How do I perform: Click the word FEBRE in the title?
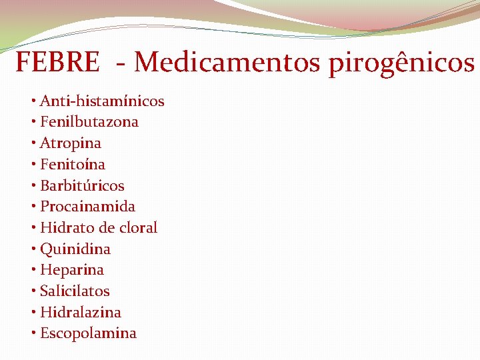pos(57,63)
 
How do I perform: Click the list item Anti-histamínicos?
pos(102,101)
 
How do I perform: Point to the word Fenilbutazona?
pos(89,122)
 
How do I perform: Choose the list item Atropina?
pos(71,143)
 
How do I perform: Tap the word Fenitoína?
pos(73,164)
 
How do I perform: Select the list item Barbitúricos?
pos(82,185)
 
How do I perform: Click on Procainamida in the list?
pos(87,207)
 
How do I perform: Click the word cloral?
pos(139,227)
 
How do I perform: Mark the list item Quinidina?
pos(75,249)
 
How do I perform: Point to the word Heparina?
pos(72,270)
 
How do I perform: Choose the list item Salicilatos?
pos(75,291)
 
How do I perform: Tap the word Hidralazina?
pos(81,312)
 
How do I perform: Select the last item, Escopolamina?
pos(88,333)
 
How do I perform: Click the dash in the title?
pos(121,65)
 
